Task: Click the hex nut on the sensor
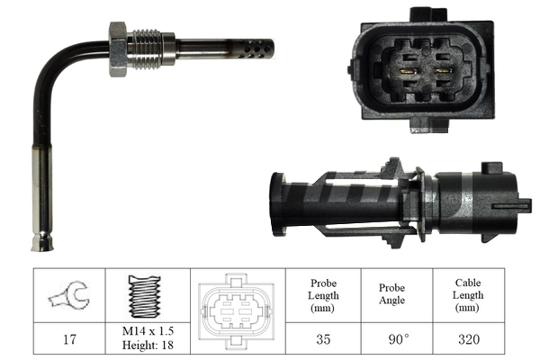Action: [x=119, y=49]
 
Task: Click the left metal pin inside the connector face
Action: [x=407, y=69]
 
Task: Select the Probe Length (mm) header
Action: [x=323, y=294]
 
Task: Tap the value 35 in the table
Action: [x=323, y=340]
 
